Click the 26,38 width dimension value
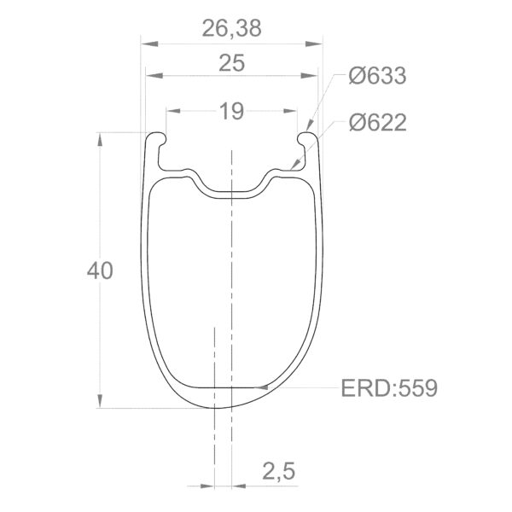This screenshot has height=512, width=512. [232, 28]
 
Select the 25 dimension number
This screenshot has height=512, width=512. [232, 63]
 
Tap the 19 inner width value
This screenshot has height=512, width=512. [231, 110]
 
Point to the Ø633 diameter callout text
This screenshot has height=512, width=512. [376, 76]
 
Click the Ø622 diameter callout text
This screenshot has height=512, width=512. [376, 123]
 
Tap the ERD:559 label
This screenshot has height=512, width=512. [389, 388]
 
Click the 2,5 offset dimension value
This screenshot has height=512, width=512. [279, 471]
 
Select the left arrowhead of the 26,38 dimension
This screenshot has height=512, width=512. [144, 42]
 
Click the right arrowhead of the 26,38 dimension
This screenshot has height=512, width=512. [322, 42]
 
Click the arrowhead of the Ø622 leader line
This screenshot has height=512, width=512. [294, 167]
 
